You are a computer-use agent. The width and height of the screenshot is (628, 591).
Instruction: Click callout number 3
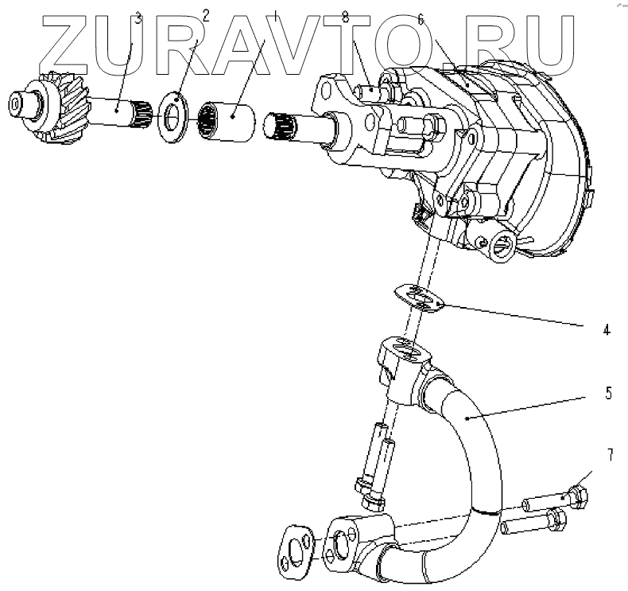tap(138, 18)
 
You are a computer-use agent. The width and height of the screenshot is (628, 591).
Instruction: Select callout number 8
tap(366, 15)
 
